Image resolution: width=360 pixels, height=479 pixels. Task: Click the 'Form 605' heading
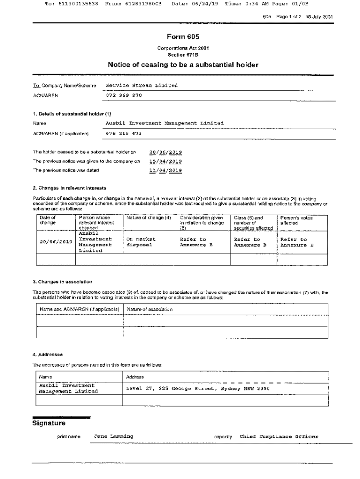click(180, 37)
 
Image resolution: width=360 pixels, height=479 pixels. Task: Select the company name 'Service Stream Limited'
click(142, 85)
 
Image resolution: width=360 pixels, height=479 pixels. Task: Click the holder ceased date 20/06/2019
click(166, 152)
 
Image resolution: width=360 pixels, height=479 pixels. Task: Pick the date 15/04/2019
click(166, 161)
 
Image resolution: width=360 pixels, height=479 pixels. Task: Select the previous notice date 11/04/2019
click(166, 171)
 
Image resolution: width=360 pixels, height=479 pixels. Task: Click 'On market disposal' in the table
click(140, 242)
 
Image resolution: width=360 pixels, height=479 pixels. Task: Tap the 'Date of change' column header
click(48, 220)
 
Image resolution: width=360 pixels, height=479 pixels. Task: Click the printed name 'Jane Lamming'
click(113, 436)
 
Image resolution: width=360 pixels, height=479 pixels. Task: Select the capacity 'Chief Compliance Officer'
click(279, 436)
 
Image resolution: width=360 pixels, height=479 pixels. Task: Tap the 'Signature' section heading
click(49, 423)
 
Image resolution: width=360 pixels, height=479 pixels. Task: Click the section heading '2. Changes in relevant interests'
click(69, 188)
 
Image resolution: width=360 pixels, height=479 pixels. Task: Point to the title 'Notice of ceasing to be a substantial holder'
click(183, 65)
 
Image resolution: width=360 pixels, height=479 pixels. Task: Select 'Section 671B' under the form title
click(180, 54)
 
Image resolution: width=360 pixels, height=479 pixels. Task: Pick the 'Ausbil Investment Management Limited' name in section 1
click(165, 123)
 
